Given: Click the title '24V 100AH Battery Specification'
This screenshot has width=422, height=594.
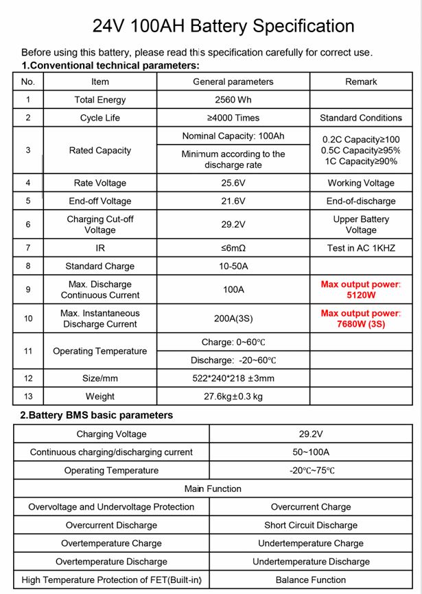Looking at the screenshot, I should (x=223, y=26).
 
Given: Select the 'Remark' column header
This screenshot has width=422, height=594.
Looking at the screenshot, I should (x=361, y=82).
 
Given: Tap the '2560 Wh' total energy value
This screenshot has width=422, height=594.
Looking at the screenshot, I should (x=233, y=100).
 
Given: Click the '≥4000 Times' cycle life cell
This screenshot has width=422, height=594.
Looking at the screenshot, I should (x=233, y=118).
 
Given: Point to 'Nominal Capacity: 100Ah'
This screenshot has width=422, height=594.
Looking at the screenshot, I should (x=233, y=136).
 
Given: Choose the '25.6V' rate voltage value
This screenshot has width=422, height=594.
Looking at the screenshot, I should (x=233, y=183).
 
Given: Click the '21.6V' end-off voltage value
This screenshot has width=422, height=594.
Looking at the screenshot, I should (x=233, y=201).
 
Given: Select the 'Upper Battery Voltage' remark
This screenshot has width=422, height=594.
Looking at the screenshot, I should (x=361, y=225).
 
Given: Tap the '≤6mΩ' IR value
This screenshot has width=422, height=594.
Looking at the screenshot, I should (x=233, y=248).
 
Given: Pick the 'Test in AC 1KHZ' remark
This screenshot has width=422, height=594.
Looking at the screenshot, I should (x=361, y=248).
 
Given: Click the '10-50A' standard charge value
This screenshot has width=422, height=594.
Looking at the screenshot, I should (x=233, y=266).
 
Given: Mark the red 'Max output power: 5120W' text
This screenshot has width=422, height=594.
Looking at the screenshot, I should (x=361, y=289).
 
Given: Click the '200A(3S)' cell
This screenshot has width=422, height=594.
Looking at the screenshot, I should (x=233, y=319).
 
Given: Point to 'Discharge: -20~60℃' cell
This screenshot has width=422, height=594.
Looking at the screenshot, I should (x=233, y=360).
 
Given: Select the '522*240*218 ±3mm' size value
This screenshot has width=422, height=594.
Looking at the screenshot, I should (x=233, y=378).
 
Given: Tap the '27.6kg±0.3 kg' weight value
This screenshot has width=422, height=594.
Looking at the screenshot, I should (x=233, y=396).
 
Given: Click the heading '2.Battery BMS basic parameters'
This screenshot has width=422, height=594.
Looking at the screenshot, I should (x=96, y=415).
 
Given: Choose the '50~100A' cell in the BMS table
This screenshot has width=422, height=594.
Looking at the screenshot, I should (x=310, y=452).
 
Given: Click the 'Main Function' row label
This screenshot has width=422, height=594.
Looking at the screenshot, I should (x=213, y=488).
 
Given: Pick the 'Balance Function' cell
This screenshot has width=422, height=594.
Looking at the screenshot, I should (x=310, y=580).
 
